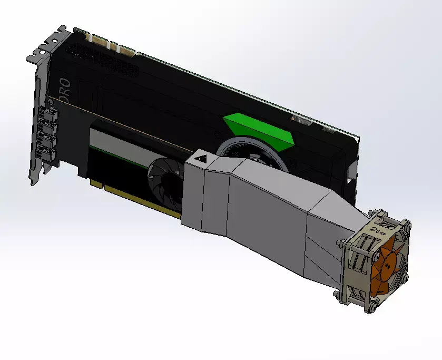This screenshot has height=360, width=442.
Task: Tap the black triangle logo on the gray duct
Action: coord(201,159)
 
